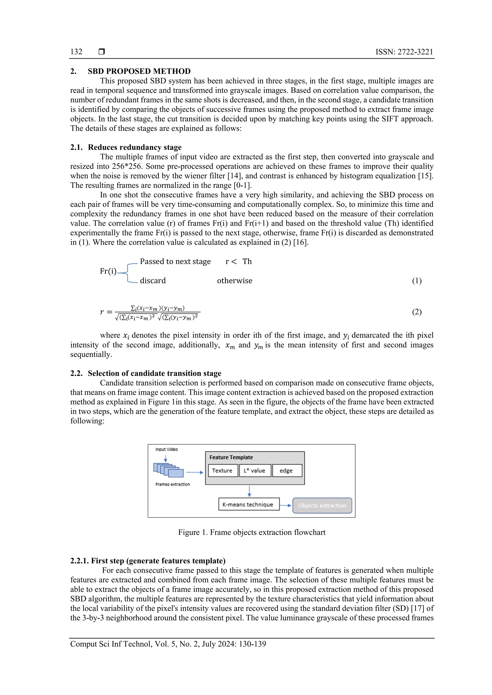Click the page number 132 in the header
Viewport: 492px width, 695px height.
76,52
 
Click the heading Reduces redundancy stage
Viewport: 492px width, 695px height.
135,147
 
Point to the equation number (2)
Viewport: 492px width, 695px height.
417,312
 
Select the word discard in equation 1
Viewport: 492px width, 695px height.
153,281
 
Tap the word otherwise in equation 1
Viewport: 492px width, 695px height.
234,281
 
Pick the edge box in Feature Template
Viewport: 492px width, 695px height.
286,470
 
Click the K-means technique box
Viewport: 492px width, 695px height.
248,504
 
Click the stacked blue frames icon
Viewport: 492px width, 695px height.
168,470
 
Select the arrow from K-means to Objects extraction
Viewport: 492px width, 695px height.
285,505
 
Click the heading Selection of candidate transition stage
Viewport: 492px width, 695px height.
154,373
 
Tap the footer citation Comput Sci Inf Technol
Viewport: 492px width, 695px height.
168,644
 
